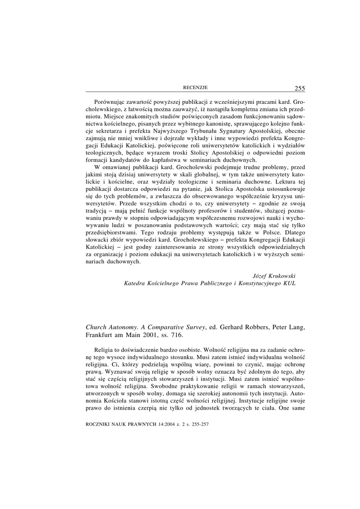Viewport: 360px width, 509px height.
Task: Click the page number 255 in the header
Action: coord(300,88)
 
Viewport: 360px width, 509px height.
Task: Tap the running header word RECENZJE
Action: coord(195,88)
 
